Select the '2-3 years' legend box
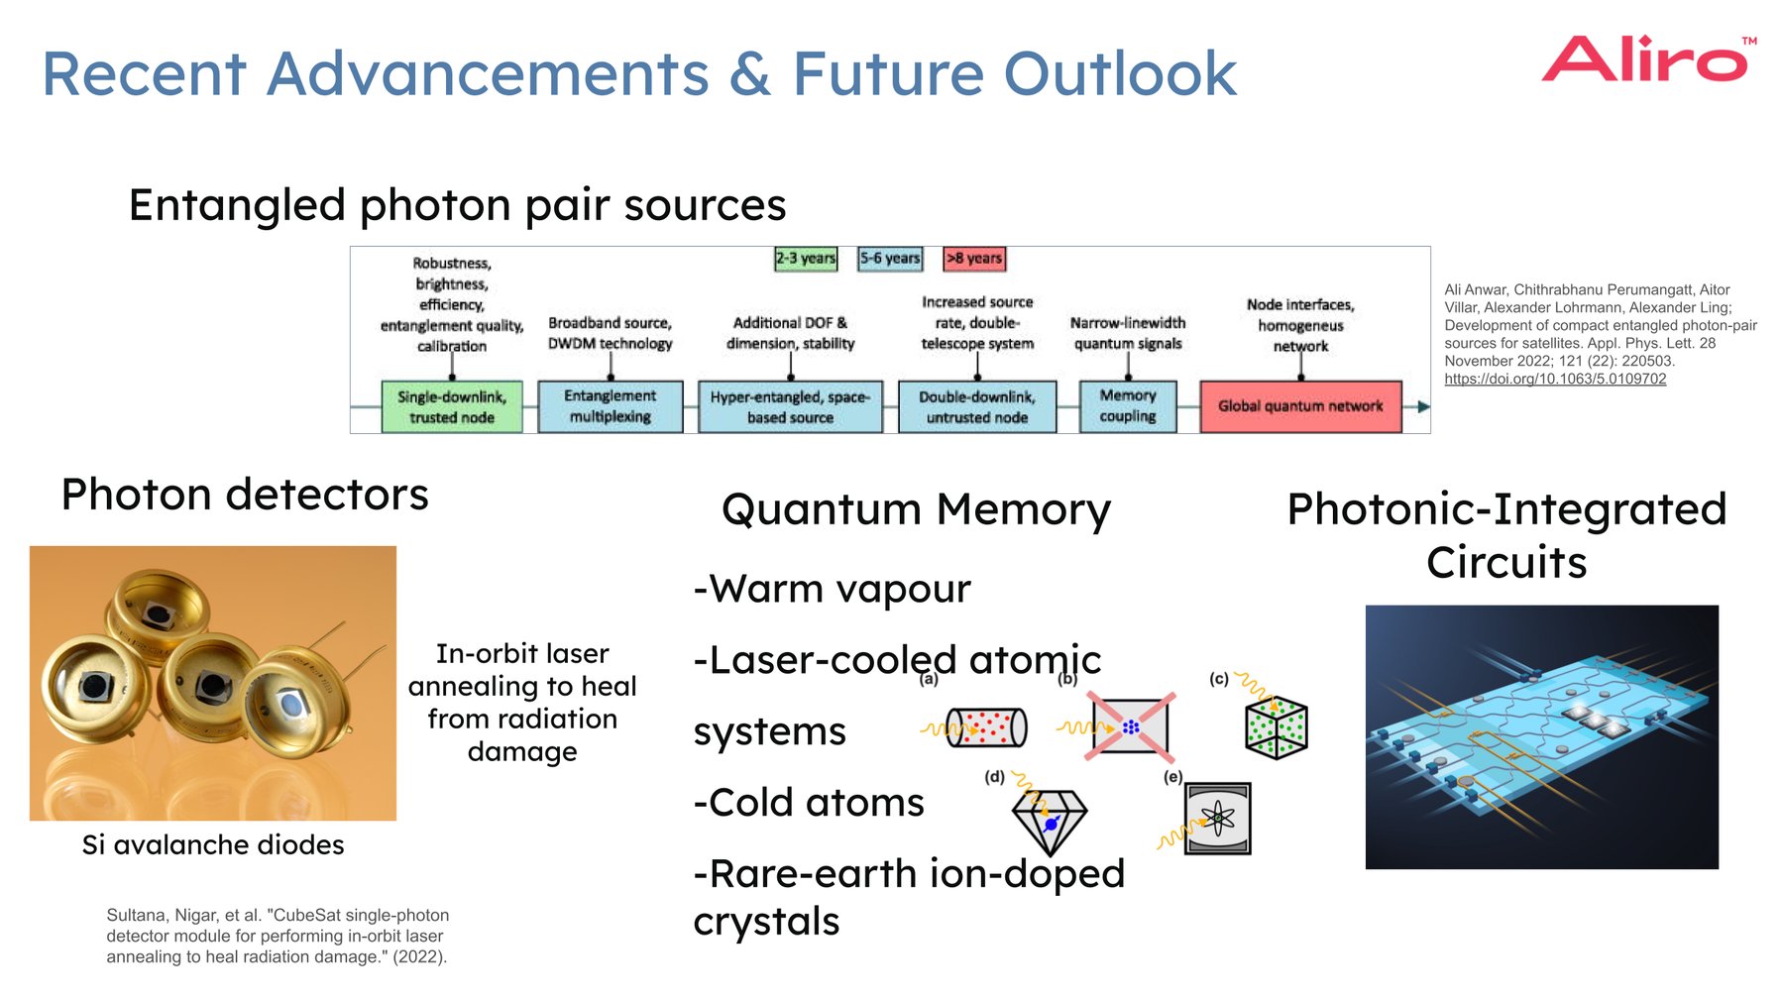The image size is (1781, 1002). pos(806,259)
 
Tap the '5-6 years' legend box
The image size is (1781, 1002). pos(890,259)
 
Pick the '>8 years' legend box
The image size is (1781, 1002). pos(974,259)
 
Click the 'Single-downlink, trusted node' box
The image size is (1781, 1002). pos(452,406)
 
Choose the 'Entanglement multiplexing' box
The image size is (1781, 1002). pos(611,406)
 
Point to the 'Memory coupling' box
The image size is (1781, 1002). pos(1128,406)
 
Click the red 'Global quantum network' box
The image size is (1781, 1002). pos(1300,406)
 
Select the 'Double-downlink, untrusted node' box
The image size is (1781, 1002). pos(977,406)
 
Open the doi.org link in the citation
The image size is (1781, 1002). pos(1555,379)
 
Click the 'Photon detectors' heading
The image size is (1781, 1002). pos(245,495)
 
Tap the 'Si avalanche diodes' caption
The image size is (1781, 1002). pos(213,845)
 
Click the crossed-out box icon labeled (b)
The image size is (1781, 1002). pos(1130,726)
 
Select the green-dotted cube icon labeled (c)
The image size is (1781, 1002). pos(1277,728)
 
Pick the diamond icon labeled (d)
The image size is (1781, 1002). pos(1050,822)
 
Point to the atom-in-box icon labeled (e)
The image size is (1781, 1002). pos(1217,819)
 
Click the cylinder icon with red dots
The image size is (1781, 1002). pos(986,727)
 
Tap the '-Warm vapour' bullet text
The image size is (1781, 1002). pos(833,589)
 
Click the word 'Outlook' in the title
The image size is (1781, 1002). pos(1120,74)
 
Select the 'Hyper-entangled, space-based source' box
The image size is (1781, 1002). pos(790,406)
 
